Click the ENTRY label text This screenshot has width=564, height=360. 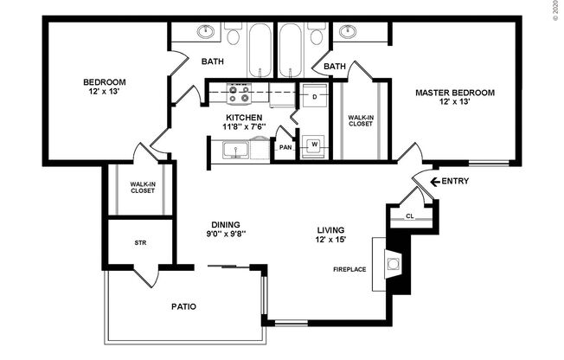click(x=456, y=181)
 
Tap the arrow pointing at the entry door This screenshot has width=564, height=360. click(x=425, y=181)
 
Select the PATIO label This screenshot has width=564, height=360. click(x=183, y=306)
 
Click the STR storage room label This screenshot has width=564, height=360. click(x=140, y=243)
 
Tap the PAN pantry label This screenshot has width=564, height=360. click(x=285, y=148)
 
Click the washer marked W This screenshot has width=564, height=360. click(x=314, y=144)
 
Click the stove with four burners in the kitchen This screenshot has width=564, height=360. click(x=238, y=92)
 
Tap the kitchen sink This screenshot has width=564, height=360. click(x=235, y=149)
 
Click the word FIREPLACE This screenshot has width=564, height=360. click(x=349, y=269)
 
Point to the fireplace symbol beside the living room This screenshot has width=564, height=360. click(x=394, y=262)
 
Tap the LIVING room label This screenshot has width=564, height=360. click(x=330, y=229)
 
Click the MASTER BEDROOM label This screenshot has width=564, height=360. click(x=454, y=93)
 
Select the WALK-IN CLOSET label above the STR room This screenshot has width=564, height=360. click(x=142, y=187)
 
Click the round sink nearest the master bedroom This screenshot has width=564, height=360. click(x=349, y=34)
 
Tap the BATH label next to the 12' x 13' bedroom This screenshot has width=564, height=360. click(x=214, y=61)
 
